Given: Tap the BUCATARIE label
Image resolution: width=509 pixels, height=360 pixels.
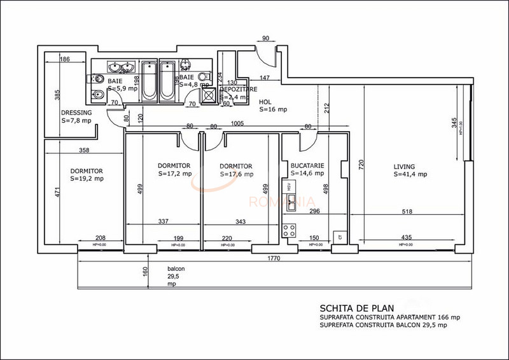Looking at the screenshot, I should [307, 165].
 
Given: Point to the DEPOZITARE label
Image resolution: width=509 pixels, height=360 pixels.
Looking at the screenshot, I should [237, 90].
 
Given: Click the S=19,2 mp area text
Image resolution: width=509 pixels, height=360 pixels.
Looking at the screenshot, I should [87, 179].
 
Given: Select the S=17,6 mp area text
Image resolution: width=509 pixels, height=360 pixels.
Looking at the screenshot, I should [236, 174].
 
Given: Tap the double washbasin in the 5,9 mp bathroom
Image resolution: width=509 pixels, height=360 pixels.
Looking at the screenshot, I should [120, 67].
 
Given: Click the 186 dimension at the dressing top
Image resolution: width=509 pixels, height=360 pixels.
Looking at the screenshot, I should [64, 59].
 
